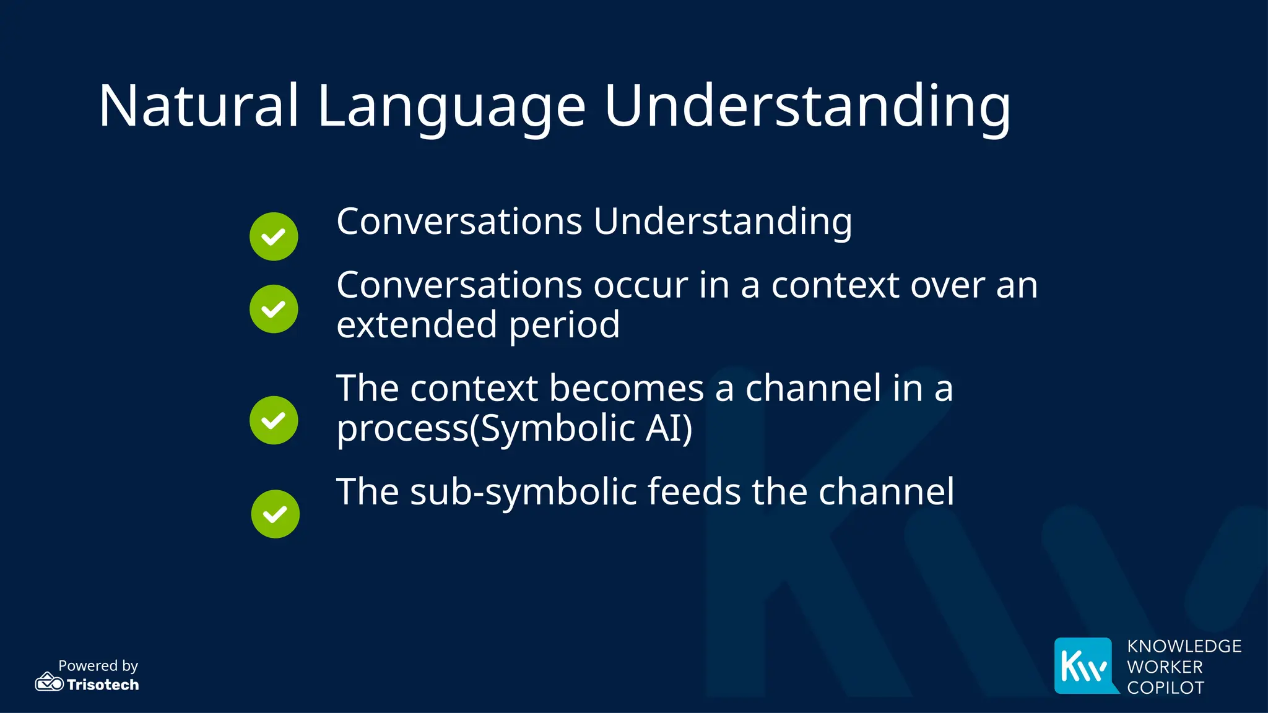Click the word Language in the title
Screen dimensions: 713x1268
point(451,106)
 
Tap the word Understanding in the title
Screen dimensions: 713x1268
point(807,106)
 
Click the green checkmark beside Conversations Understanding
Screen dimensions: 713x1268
point(274,236)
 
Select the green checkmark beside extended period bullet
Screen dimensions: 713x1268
point(274,309)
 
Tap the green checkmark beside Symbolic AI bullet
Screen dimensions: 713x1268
point(274,420)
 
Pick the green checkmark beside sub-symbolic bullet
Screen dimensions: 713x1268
point(275,514)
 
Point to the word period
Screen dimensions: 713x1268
point(564,326)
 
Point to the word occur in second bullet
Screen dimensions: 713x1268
point(641,286)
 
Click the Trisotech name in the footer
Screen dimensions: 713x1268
point(103,685)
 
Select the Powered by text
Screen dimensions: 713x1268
point(98,665)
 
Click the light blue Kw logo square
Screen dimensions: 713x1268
point(1084,665)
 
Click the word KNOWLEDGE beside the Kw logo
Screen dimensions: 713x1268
point(1184,646)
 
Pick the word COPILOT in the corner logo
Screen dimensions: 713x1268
point(1165,688)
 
